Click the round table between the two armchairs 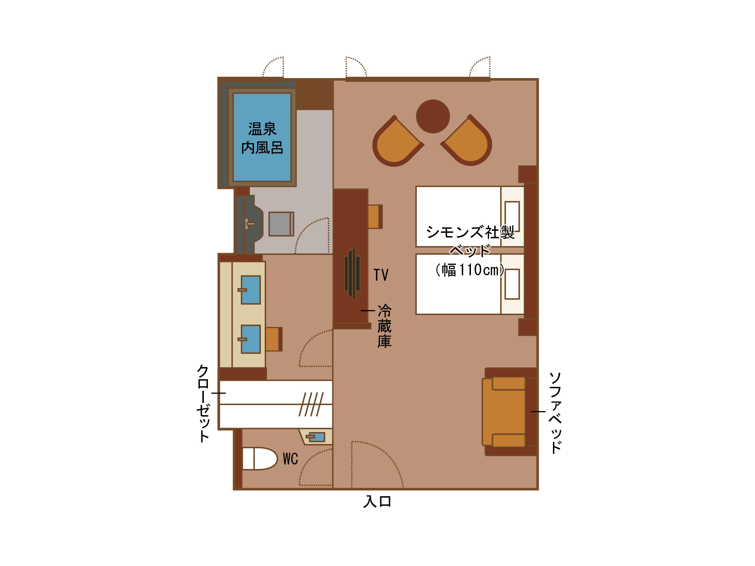point(433,116)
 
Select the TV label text point(381,275)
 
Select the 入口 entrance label point(377,501)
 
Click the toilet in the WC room point(259,458)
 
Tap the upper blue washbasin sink point(250,290)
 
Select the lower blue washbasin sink point(250,339)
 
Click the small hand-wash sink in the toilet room point(316,437)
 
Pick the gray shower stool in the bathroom point(281,224)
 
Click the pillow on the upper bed point(512,216)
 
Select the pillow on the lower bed point(512,284)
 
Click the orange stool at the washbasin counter point(274,339)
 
